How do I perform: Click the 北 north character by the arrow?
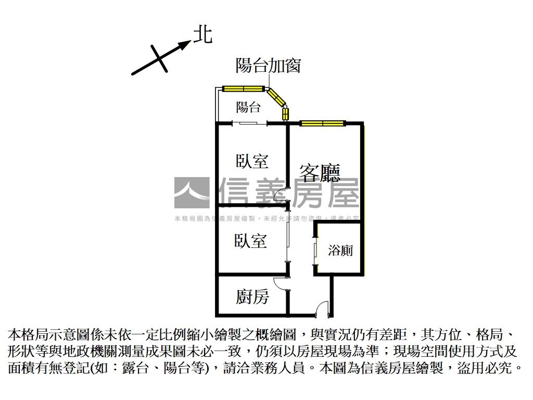pos(202,35)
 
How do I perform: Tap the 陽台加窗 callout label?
pos(268,66)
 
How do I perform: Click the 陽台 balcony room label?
pos(248,108)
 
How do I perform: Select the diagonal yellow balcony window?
pos(275,97)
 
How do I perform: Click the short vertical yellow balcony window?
pos(285,114)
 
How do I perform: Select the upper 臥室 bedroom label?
pos(252,161)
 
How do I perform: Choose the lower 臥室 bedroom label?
pos(250,241)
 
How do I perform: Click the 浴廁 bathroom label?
pos(340,251)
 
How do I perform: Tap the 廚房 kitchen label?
pos(252,297)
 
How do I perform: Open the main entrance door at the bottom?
pos(323,309)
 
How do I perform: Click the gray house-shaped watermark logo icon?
pos(192,193)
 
